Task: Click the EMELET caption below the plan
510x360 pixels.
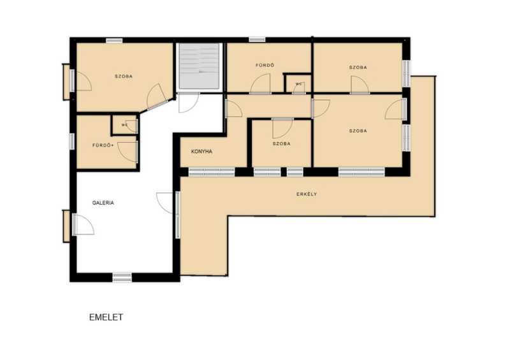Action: click(106, 317)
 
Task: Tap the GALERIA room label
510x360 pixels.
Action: click(103, 203)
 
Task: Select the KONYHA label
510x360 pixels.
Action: click(201, 151)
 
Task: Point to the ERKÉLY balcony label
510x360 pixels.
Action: click(307, 194)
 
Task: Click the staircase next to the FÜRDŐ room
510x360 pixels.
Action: click(199, 66)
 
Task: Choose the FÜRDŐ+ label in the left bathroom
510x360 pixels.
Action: click(103, 145)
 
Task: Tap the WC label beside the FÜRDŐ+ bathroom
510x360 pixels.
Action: click(124, 124)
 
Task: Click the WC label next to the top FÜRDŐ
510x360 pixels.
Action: click(299, 83)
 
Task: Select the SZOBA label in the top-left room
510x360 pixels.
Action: click(124, 76)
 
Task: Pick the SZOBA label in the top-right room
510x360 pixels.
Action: click(358, 68)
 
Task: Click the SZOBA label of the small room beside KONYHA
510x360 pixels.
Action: click(281, 143)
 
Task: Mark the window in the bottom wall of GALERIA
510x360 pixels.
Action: click(122, 277)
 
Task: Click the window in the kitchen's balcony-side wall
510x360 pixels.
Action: click(212, 172)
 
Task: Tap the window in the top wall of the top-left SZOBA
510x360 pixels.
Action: click(115, 41)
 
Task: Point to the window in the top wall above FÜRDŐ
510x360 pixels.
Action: click(258, 40)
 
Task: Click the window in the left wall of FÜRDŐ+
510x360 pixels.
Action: click(72, 141)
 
